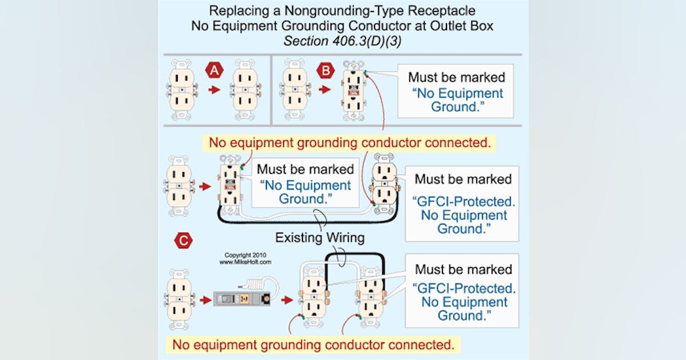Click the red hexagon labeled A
(x=214, y=71)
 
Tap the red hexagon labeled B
(x=324, y=71)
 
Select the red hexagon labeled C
(x=183, y=241)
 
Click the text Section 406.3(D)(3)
(x=342, y=42)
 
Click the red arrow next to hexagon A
(x=214, y=90)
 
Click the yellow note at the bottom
(x=314, y=345)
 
